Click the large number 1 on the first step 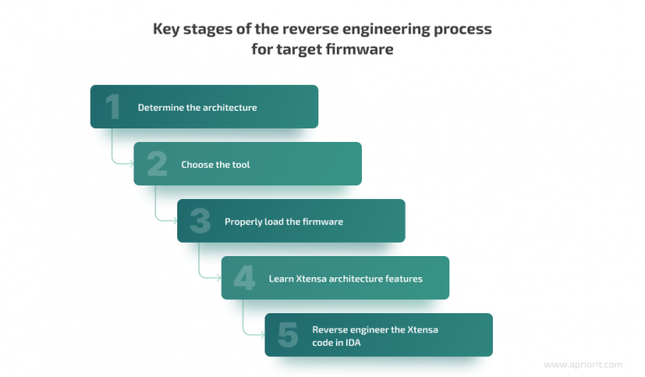(x=113, y=107)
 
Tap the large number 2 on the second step (x=157, y=164)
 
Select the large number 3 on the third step (x=200, y=221)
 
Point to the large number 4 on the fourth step (x=244, y=278)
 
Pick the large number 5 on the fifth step (x=287, y=335)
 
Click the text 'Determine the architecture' (x=197, y=107)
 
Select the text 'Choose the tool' (x=215, y=165)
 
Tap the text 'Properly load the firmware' (x=284, y=222)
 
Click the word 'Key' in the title (x=166, y=29)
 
